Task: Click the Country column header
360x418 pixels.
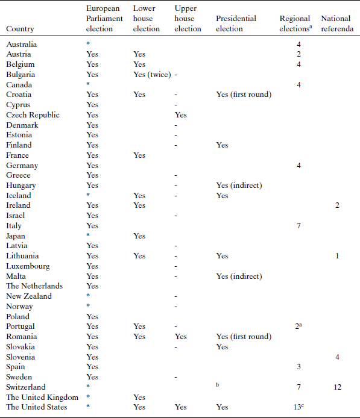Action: click(20, 29)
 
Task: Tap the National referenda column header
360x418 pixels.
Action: click(336, 24)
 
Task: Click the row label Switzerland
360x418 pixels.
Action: click(25, 387)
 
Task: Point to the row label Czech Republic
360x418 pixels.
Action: click(33, 115)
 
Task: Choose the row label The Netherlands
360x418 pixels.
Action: click(34, 286)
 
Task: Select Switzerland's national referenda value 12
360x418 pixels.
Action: click(337, 387)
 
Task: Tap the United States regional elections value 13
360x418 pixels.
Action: click(297, 407)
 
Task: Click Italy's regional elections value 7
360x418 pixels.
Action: click(298, 226)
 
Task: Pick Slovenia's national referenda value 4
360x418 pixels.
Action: click(337, 357)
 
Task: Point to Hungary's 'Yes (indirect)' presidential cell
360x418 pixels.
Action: click(239, 186)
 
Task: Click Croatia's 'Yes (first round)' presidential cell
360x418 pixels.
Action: click(243, 95)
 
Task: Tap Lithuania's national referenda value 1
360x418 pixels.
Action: click(337, 256)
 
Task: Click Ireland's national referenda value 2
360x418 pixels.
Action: click(337, 205)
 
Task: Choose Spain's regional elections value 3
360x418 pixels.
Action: click(298, 367)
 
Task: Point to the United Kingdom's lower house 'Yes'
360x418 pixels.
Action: click(139, 397)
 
